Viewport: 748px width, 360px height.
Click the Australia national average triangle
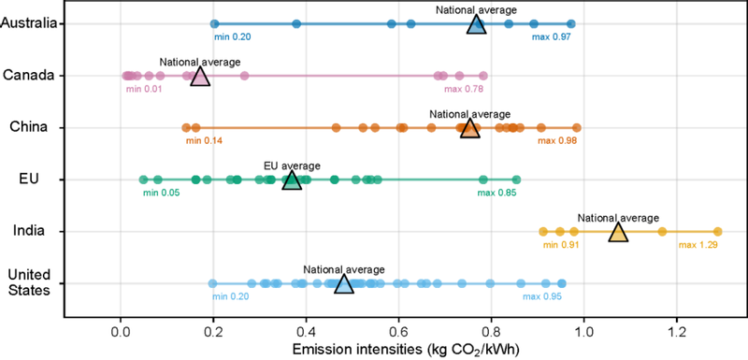click(476, 25)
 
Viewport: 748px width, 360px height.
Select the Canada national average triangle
click(200, 77)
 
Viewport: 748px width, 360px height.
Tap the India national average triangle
click(618, 233)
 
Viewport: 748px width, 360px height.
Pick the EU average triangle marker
click(292, 180)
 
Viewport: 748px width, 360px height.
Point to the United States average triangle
click(344, 284)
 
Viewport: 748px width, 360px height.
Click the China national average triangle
click(470, 129)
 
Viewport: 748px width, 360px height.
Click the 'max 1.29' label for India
click(696, 245)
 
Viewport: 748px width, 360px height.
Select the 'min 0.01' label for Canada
click(144, 89)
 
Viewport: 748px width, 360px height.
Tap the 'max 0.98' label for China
click(557, 140)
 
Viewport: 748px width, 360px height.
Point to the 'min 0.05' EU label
click(161, 193)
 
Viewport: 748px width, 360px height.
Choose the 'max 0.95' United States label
click(542, 296)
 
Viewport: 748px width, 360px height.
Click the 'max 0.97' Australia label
click(552, 36)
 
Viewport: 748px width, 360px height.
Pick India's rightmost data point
click(717, 232)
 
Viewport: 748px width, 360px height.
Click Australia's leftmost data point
click(215, 23)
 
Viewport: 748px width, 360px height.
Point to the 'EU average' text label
click(292, 166)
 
